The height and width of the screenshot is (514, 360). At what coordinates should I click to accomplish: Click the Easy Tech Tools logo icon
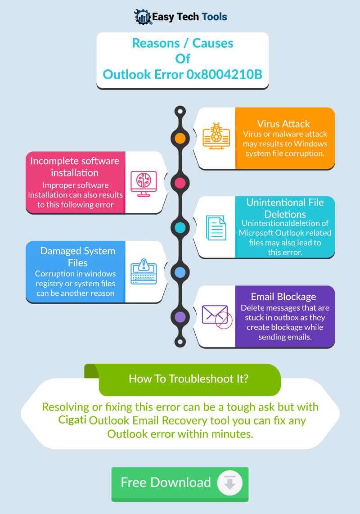click(143, 17)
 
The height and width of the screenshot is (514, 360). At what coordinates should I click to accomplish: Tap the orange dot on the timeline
click(180, 138)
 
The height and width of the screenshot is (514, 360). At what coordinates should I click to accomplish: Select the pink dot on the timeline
click(180, 183)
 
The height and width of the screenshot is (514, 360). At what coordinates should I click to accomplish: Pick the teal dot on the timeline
click(180, 227)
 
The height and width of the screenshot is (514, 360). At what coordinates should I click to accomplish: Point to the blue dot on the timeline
click(180, 272)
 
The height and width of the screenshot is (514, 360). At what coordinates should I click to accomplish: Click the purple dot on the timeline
click(180, 316)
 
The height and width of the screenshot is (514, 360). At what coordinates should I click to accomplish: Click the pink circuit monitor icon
click(143, 183)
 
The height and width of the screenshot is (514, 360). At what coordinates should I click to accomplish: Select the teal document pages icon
click(216, 228)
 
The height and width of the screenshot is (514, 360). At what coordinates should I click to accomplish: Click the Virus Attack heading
click(283, 124)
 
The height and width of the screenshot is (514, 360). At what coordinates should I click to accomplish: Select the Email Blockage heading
click(283, 297)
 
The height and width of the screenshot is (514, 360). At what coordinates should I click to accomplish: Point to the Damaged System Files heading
click(78, 256)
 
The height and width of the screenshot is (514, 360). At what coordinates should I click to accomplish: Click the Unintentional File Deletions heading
click(285, 208)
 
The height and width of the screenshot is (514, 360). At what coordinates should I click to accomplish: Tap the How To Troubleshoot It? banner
click(189, 379)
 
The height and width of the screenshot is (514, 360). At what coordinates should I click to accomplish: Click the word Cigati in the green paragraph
click(72, 420)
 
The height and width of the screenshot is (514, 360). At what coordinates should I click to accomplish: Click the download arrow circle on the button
click(230, 483)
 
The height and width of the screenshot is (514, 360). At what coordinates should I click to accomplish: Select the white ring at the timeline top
click(180, 111)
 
